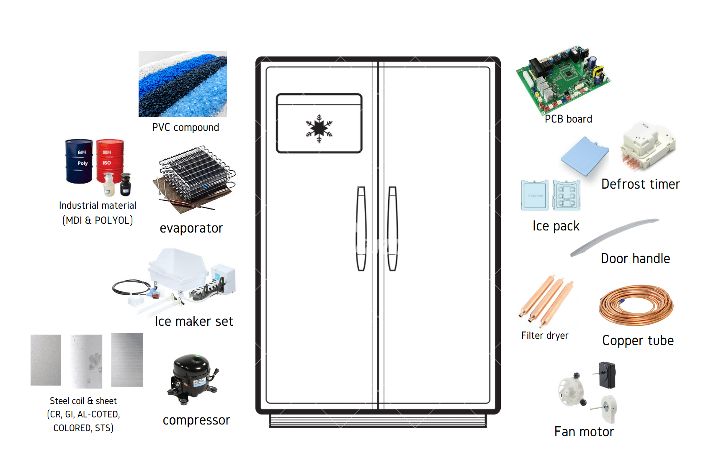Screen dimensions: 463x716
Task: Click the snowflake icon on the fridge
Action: pos(319,128)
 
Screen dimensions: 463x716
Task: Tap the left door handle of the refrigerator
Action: pos(361,228)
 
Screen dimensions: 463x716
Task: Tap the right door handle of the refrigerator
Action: pos(392,228)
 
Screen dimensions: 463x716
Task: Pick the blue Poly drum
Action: pos(79,161)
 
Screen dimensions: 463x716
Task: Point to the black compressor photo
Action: pos(192,379)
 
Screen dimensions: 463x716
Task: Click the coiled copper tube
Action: pos(636,305)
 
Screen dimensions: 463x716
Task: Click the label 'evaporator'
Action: pos(191,228)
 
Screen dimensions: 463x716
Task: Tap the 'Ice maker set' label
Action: pos(194,321)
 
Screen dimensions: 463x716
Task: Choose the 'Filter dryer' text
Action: pos(545,335)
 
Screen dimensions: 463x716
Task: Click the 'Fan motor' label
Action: pos(584,432)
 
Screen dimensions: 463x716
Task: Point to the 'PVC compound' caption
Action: pos(185,128)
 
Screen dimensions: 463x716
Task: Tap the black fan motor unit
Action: pos(607,375)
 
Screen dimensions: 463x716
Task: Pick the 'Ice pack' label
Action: pos(556,226)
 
